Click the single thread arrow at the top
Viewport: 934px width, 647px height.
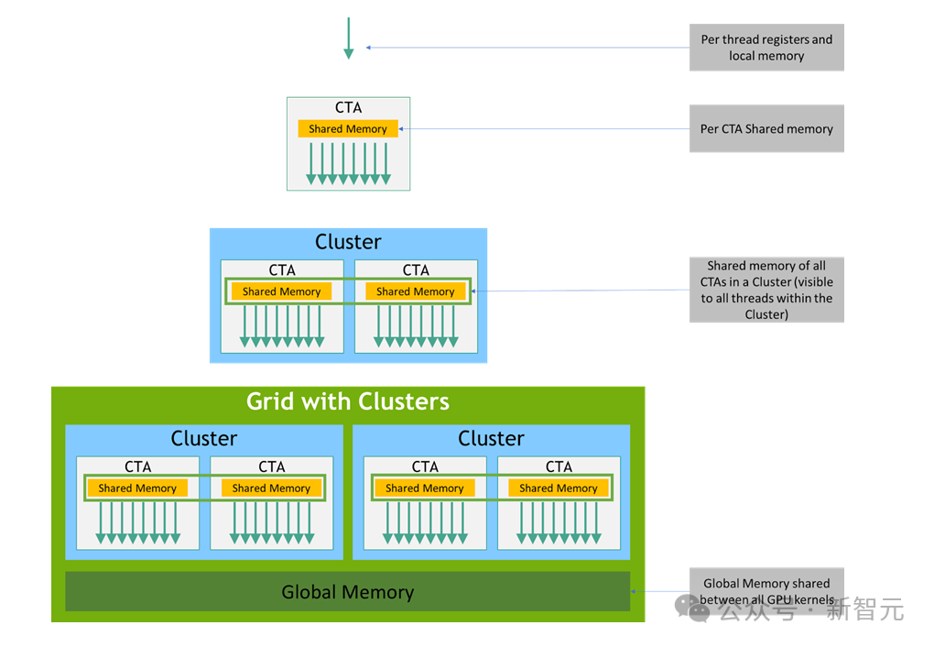pyautogui.click(x=349, y=38)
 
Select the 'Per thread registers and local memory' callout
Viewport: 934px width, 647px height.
pyautogui.click(x=766, y=47)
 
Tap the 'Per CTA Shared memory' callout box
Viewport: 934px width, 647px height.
pyautogui.click(x=766, y=129)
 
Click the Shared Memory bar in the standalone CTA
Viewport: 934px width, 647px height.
pyautogui.click(x=348, y=129)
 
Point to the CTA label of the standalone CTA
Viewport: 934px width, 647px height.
pyautogui.click(x=349, y=107)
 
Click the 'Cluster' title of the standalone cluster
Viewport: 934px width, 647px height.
pyautogui.click(x=348, y=242)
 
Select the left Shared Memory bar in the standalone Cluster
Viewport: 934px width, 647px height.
pyautogui.click(x=281, y=291)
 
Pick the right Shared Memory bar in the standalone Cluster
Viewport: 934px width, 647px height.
pyautogui.click(x=415, y=291)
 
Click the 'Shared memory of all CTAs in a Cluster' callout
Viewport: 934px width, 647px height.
pyautogui.click(x=766, y=290)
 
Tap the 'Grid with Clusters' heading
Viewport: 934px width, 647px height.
pyautogui.click(x=348, y=401)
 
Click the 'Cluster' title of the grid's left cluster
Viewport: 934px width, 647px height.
pyautogui.click(x=203, y=438)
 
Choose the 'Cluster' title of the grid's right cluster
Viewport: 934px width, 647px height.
pyautogui.click(x=491, y=438)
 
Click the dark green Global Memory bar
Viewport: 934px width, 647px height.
pyautogui.click(x=348, y=591)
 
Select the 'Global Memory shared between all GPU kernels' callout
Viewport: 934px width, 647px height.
pyautogui.click(x=766, y=590)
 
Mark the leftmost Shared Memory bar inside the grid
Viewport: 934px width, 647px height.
pyautogui.click(x=137, y=488)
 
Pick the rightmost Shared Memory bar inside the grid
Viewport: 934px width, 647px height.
pyautogui.click(x=559, y=488)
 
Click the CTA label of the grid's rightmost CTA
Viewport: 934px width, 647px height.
pyautogui.click(x=559, y=466)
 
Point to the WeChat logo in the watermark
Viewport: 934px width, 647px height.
pyautogui.click(x=692, y=608)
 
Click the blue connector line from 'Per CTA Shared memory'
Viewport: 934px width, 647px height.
pyautogui.click(x=545, y=129)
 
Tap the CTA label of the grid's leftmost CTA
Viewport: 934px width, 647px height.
pyautogui.click(x=137, y=466)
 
